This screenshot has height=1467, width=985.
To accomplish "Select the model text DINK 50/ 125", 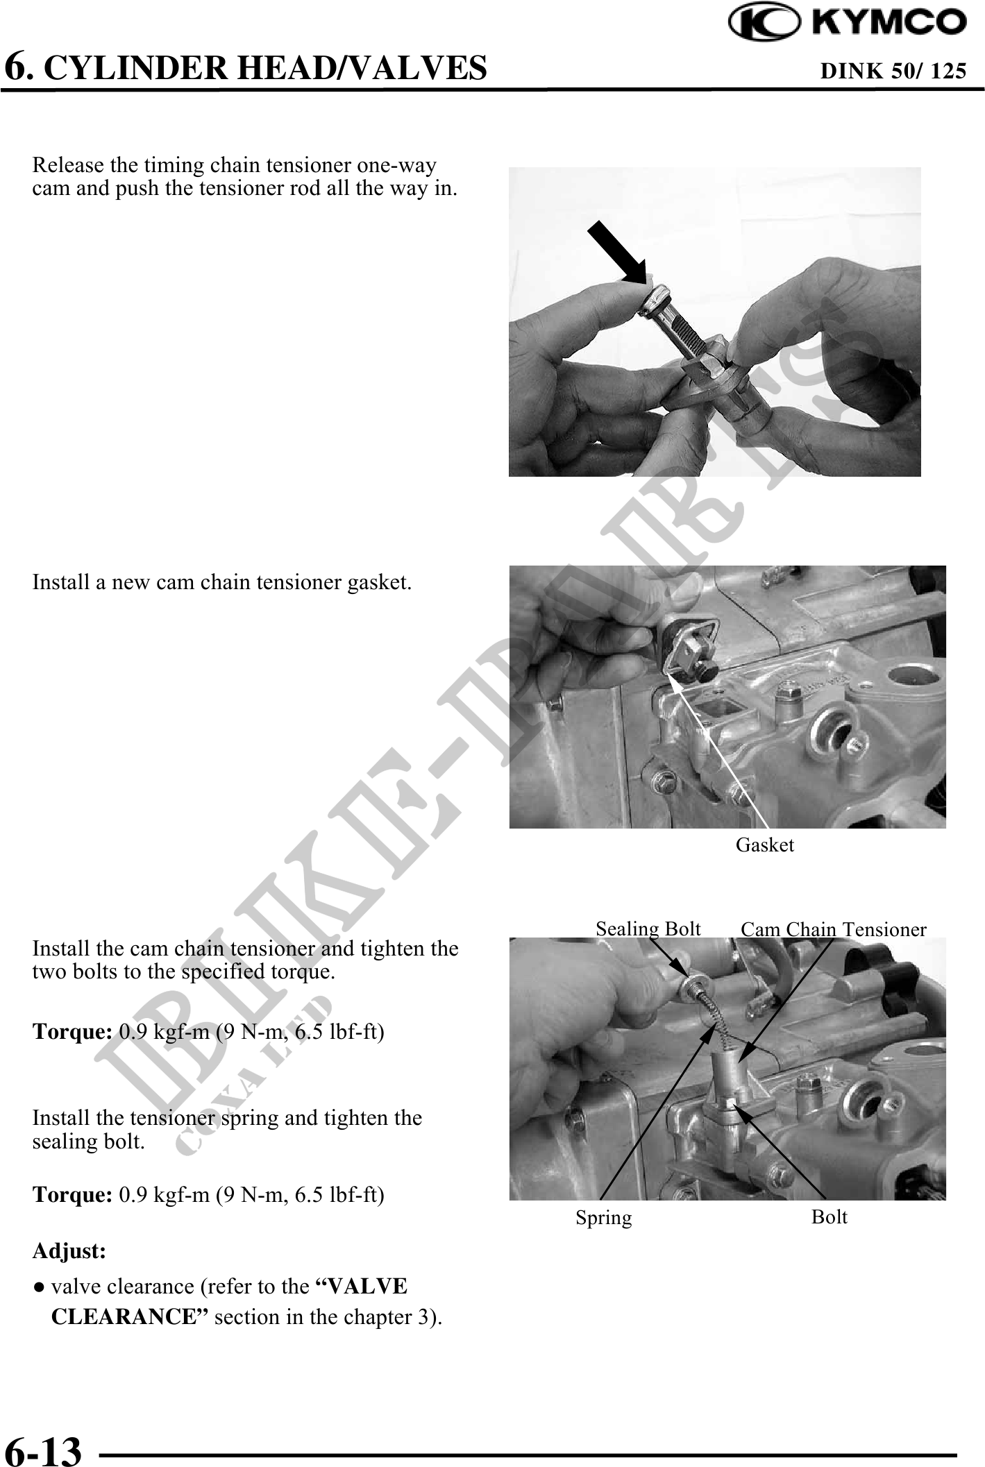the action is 893,71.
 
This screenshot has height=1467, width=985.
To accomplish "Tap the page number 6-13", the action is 43,1450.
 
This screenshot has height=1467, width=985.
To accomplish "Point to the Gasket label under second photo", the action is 764,845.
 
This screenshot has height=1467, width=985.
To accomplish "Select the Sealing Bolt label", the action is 648,928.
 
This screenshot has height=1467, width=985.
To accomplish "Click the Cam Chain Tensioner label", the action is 834,929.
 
